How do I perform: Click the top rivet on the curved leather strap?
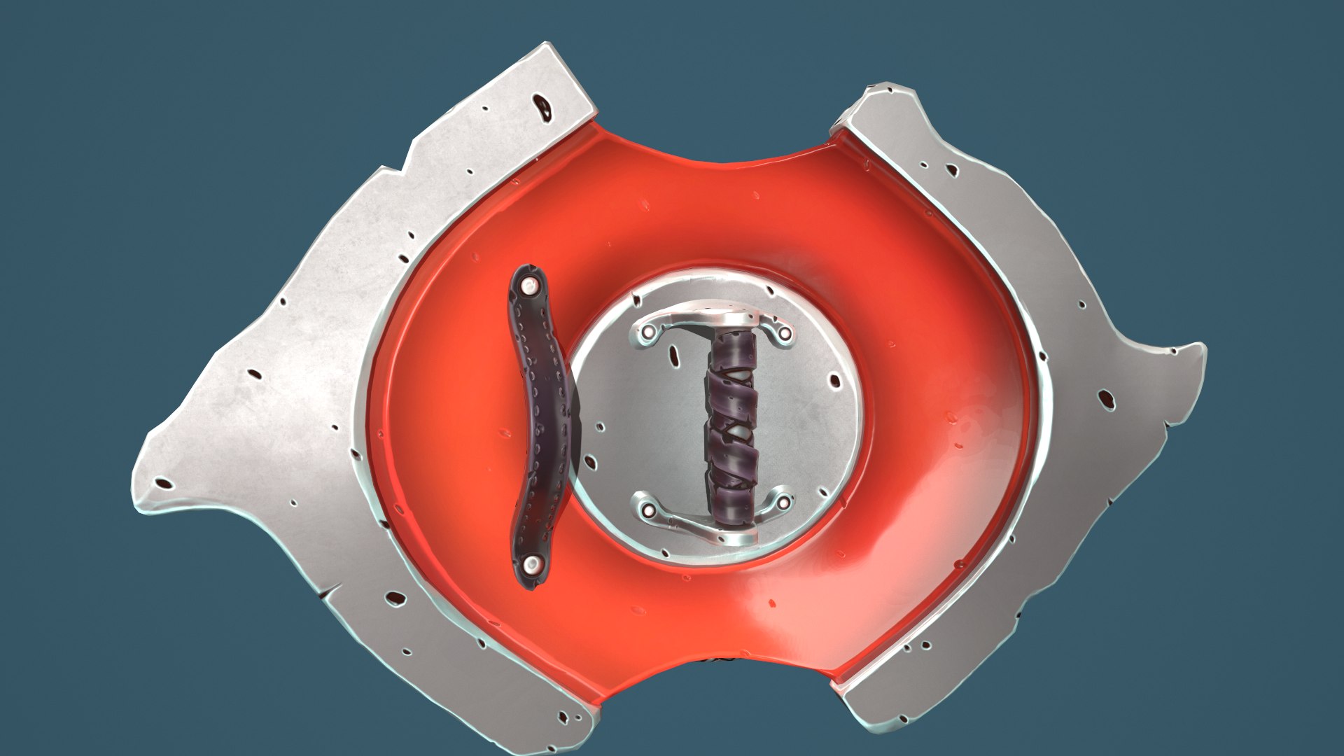529,285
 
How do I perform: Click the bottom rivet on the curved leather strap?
532,562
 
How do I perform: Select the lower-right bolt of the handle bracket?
783,502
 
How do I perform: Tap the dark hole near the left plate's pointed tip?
164,483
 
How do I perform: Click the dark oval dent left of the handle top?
675,356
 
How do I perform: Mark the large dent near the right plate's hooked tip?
1107,399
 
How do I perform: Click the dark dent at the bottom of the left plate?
396,598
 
